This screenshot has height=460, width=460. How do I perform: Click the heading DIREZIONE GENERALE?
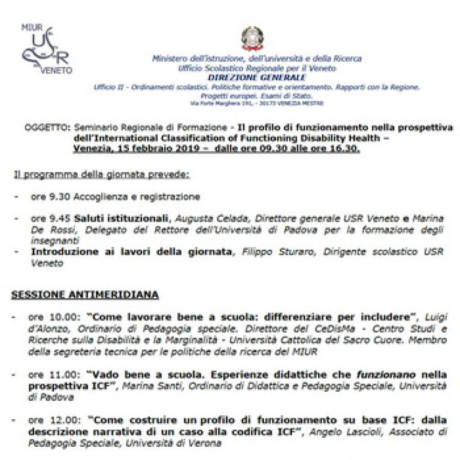257,77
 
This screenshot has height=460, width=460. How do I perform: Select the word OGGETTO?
47,127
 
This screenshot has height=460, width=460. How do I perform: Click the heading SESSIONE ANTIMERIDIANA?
85,295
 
